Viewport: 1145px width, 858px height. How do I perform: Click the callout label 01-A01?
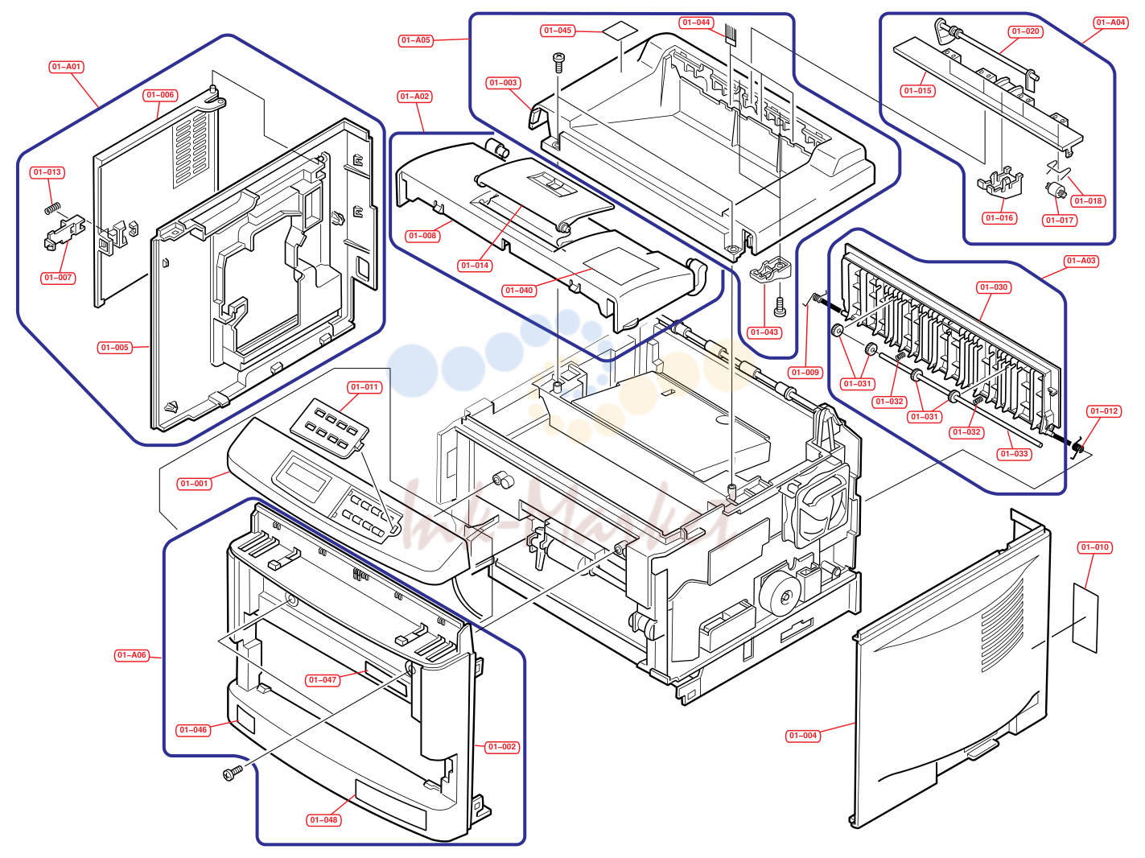(66, 67)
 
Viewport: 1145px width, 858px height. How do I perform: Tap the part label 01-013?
(47, 172)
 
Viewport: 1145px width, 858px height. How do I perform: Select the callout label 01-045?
(558, 31)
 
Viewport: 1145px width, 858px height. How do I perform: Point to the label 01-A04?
(1110, 23)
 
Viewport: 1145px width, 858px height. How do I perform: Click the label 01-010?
(1095, 547)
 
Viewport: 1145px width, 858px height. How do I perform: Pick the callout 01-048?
(323, 820)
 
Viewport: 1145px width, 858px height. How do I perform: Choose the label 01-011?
(365, 387)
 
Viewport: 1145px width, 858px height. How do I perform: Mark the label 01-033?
(1014, 454)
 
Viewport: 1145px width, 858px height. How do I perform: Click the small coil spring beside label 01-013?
(52, 208)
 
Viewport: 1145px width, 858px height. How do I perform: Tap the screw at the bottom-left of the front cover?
(233, 773)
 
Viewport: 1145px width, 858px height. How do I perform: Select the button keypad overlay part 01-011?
(328, 427)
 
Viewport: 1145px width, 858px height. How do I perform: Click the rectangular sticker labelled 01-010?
(1085, 617)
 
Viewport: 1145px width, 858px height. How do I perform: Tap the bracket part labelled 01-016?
(999, 183)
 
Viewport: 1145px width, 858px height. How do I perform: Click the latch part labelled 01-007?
(64, 233)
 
